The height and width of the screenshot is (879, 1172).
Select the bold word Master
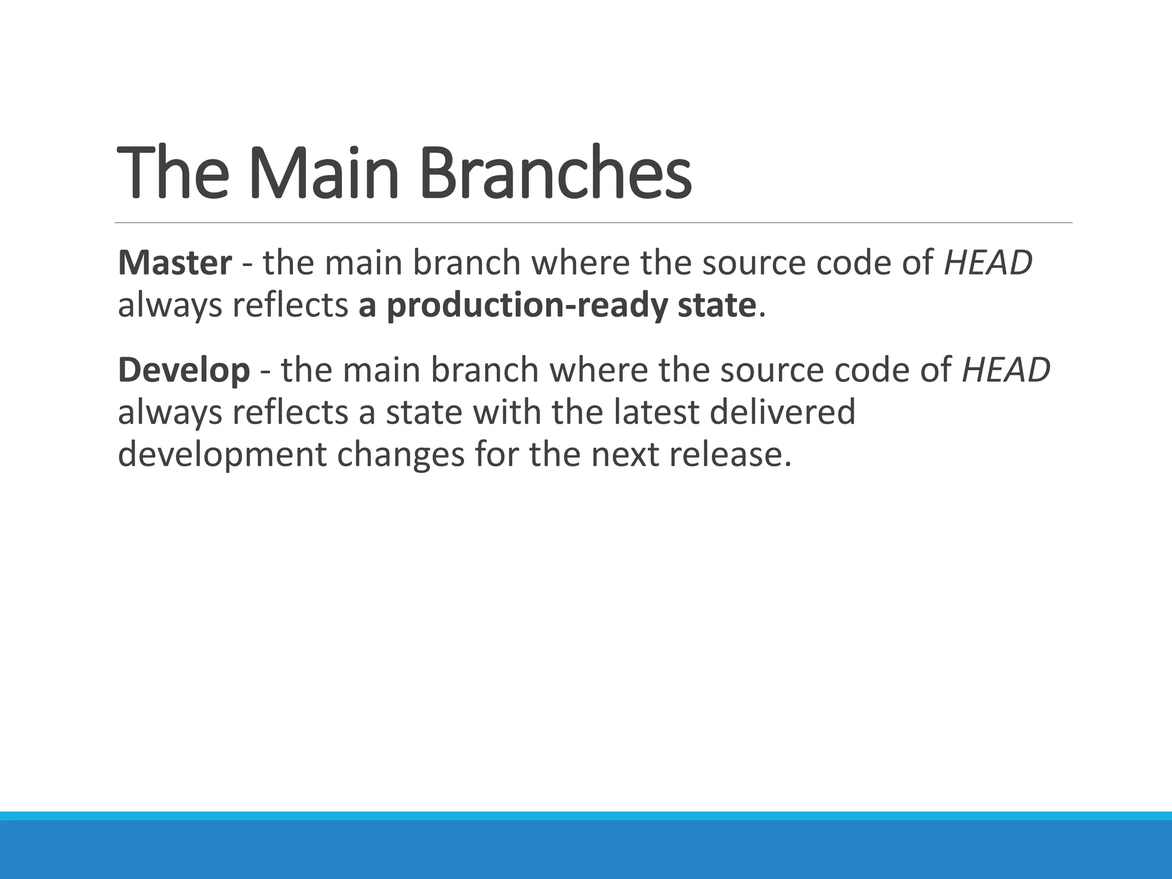point(175,263)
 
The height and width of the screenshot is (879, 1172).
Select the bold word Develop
point(184,370)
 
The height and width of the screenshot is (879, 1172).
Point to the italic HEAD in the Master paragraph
point(988,263)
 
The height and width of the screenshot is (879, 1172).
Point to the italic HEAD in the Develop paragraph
point(1006,370)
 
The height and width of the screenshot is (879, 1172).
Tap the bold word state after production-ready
point(717,306)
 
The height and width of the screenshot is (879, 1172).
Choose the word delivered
point(782,412)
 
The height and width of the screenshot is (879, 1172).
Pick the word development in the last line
point(222,455)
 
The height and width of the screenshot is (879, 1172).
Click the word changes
point(401,455)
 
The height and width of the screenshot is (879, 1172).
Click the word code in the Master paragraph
point(848,263)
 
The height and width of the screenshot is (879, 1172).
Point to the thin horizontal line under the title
point(593,223)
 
